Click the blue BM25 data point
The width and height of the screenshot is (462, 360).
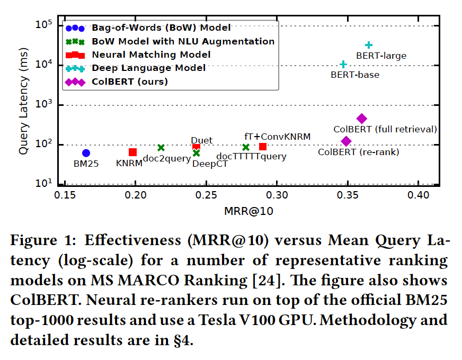[86, 153]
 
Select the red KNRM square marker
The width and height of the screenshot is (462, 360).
[132, 152]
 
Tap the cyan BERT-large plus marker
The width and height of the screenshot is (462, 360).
[369, 45]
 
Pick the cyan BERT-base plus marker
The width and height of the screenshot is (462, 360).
[343, 64]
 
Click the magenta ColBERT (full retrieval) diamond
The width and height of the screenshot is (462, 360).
[361, 119]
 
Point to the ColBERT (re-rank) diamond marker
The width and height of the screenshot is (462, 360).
[346, 141]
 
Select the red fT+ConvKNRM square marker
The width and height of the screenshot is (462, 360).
[263, 147]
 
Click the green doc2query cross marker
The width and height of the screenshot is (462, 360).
[161, 148]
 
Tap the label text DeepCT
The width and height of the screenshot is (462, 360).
[210, 164]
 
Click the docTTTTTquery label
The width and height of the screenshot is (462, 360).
[251, 156]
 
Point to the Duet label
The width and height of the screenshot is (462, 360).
[201, 140]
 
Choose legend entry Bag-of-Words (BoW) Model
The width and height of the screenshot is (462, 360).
[161, 28]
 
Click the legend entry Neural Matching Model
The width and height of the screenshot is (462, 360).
[151, 55]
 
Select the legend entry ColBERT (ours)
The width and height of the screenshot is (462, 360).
[130, 82]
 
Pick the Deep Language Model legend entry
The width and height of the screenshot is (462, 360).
[148, 68]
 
